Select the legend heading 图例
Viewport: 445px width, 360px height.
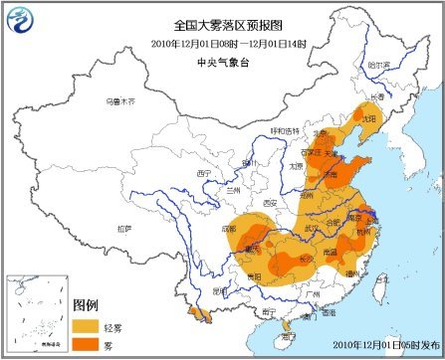point(88,301)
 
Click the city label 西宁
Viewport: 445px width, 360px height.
point(206,173)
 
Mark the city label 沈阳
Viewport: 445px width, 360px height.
point(370,116)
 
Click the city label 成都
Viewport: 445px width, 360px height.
point(231,228)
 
